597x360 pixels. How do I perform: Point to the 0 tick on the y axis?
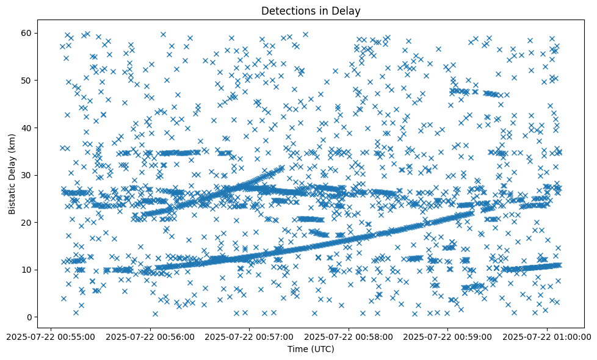[x=28, y=317]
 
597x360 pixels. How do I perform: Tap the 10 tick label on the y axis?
[x=26, y=270]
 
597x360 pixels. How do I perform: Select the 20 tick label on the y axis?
[x=26, y=222]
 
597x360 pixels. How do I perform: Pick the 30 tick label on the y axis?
[x=26, y=175]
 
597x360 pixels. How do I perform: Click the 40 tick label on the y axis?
[x=26, y=128]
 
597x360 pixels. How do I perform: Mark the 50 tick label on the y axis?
[x=26, y=80]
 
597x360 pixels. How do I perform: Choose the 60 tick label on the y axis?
[x=26, y=33]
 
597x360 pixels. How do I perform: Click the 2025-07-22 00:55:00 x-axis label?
[x=51, y=336]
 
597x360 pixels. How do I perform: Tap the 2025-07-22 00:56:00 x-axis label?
[x=150, y=336]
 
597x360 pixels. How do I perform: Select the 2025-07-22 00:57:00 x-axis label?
[x=250, y=336]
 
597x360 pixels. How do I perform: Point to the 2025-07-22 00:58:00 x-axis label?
[x=349, y=336]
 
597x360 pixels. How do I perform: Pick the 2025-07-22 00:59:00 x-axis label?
[x=449, y=336]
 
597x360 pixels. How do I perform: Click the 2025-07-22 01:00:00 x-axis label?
[x=548, y=336]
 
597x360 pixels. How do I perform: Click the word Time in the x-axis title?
[x=297, y=349]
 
